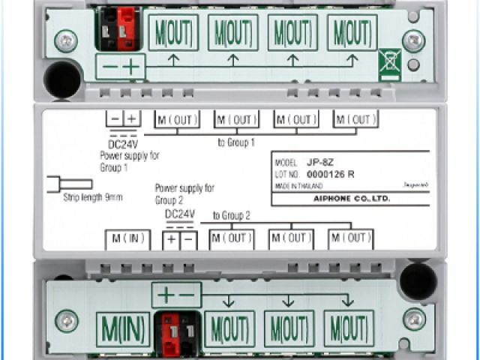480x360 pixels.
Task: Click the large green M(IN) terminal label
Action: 123,328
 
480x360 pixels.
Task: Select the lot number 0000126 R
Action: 330,174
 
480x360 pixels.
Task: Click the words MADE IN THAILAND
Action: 298,185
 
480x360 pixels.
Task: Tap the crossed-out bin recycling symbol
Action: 389,64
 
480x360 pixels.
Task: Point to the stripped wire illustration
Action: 64,184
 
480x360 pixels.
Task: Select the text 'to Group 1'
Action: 237,141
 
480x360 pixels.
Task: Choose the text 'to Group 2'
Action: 231,216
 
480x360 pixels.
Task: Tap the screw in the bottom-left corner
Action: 67,321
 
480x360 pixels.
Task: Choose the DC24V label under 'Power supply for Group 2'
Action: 180,214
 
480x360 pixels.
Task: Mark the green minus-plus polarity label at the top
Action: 121,67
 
